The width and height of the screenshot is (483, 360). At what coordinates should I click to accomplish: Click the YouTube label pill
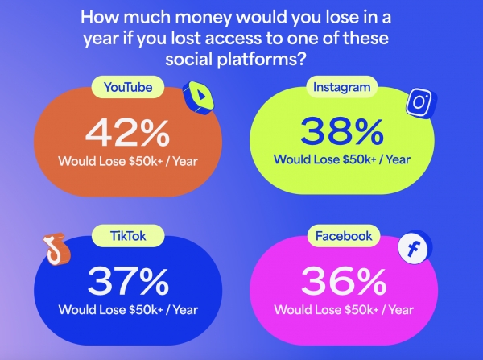coord(127,87)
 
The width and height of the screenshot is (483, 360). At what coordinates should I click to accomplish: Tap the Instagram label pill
coord(341,87)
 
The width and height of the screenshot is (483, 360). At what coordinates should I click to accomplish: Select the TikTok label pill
coord(128,236)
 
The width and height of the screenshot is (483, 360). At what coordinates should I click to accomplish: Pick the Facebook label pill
coord(344,236)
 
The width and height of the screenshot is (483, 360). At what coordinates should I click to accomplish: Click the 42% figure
coord(127,133)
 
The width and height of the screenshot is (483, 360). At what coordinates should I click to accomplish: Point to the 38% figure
coord(342,131)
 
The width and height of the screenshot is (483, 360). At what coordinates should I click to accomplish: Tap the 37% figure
coord(128,281)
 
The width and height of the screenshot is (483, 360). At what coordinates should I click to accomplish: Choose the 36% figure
coord(344,281)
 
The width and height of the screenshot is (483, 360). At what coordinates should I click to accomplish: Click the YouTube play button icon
coord(199,97)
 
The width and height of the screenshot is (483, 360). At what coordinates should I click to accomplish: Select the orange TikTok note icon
coord(56,248)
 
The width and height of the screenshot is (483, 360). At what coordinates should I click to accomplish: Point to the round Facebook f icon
coord(414,247)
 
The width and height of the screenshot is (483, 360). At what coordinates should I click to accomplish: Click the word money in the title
coord(202,17)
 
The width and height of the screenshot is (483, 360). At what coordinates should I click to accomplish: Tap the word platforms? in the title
coord(261,59)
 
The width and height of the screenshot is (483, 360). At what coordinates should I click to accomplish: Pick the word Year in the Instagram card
coord(398,159)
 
